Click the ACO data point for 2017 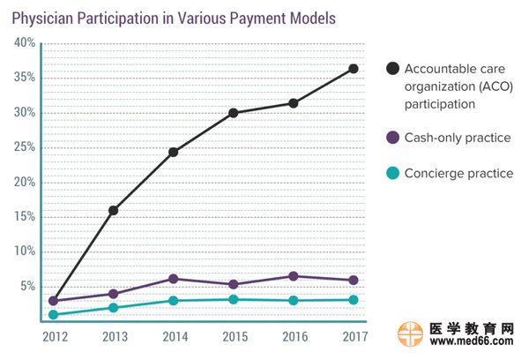(353, 68)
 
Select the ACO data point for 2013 (113, 210)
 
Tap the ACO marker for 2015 (233, 113)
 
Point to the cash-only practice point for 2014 (173, 279)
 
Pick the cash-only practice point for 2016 (293, 276)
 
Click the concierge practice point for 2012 (53, 314)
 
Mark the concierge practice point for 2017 (353, 300)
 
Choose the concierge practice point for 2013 (113, 307)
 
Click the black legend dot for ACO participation (391, 68)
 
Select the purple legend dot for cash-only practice (391, 138)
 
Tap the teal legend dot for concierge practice (391, 173)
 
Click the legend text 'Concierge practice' (458, 173)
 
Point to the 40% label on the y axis (24, 42)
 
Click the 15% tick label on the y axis (24, 216)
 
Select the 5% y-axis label (26, 286)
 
